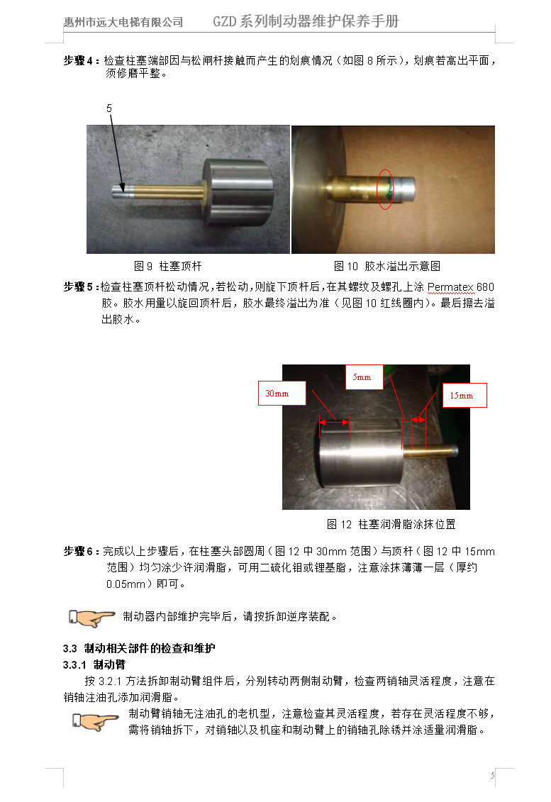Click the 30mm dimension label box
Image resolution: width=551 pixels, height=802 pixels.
click(282, 394)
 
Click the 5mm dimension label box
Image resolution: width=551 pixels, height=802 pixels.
click(364, 377)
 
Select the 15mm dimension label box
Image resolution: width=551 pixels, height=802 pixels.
click(464, 396)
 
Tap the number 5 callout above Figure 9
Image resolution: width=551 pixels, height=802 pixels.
click(109, 108)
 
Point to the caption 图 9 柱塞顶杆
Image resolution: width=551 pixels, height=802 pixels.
click(168, 266)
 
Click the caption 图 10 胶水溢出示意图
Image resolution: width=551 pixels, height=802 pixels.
click(386, 266)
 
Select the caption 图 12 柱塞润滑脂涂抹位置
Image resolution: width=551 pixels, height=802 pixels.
click(391, 524)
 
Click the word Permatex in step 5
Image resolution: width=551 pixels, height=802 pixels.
click(450, 287)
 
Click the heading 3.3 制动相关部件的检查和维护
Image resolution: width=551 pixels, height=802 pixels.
click(139, 649)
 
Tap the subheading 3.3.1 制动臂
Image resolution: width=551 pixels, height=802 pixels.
click(94, 665)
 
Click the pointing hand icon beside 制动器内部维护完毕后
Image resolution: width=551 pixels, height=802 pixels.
click(91, 618)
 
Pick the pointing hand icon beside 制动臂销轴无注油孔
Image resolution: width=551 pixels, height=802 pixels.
click(95, 722)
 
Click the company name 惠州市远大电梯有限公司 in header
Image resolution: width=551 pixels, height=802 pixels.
click(123, 22)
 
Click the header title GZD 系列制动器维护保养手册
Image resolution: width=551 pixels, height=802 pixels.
click(306, 21)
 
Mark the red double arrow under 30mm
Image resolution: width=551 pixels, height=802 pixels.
click(334, 422)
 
